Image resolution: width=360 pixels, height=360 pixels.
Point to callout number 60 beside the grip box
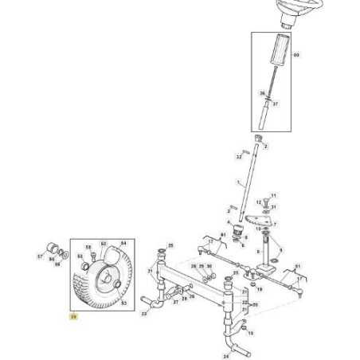tap(296, 55)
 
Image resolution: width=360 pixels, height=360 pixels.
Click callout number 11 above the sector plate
tap(273, 194)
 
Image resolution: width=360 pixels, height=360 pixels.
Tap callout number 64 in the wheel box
tap(123, 243)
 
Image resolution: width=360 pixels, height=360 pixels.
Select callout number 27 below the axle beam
tap(176, 303)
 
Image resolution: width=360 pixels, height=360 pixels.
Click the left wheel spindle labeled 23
tap(151, 303)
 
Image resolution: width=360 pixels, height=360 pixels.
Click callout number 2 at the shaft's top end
tap(267, 147)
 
